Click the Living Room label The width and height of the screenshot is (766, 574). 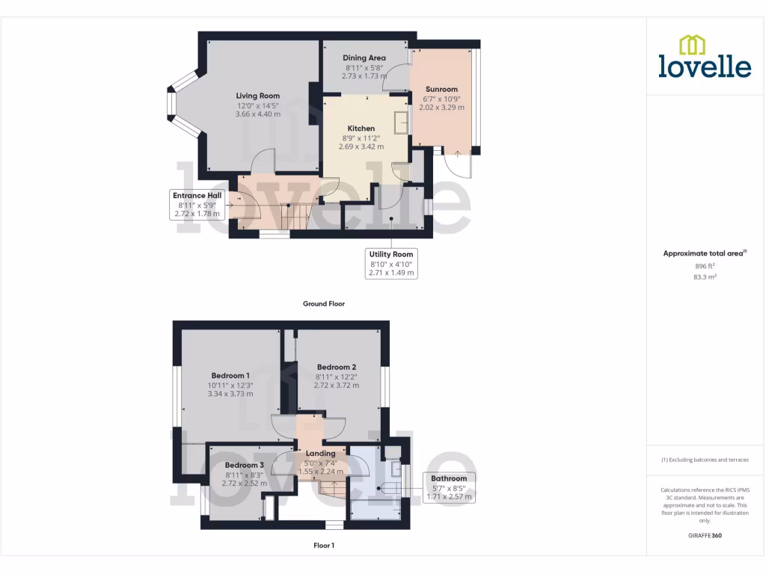(x=257, y=96)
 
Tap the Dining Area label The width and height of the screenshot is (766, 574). (x=364, y=58)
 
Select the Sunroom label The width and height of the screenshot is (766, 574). (x=441, y=89)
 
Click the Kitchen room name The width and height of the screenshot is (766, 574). (x=361, y=129)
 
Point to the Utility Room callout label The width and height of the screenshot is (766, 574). (x=391, y=254)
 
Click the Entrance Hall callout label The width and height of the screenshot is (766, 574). (x=197, y=195)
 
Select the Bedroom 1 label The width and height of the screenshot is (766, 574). (x=230, y=375)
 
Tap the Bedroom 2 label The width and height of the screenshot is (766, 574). (x=336, y=367)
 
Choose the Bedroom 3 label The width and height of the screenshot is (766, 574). (x=245, y=465)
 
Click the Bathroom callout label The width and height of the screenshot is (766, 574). (x=449, y=478)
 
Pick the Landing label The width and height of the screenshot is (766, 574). (x=320, y=453)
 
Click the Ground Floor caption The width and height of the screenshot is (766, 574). (x=323, y=304)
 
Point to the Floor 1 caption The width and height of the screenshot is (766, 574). (x=323, y=546)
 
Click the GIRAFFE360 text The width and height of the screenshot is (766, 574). (x=704, y=536)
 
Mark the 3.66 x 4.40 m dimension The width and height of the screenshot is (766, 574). (x=257, y=114)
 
